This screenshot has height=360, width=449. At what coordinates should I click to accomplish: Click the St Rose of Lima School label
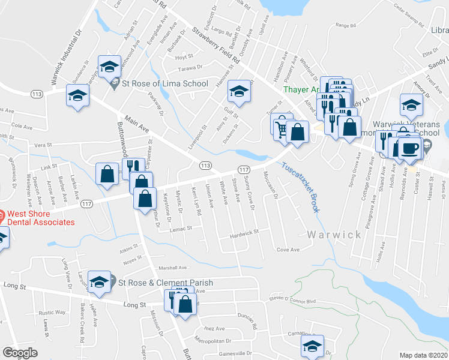point(165,84)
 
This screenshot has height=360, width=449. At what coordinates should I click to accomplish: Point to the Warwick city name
point(335,234)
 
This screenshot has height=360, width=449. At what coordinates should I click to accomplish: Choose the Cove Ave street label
point(288,250)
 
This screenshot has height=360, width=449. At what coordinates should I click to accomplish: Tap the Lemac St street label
point(180,228)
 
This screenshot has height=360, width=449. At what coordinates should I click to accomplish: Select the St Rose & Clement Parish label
point(165,283)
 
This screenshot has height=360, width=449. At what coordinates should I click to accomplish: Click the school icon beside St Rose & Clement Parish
point(99,281)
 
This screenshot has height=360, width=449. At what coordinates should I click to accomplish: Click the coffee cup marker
point(411,147)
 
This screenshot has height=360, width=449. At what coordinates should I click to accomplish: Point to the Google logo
point(20,353)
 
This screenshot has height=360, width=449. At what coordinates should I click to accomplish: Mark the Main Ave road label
point(137,125)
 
